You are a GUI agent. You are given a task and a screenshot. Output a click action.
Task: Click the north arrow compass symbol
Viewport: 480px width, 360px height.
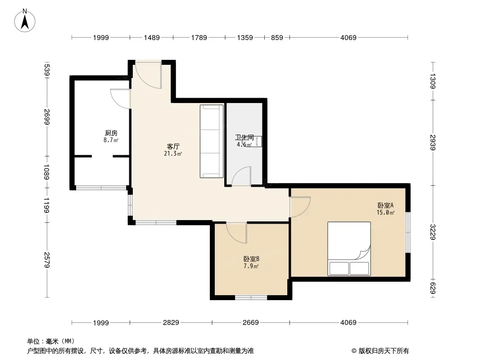(x=25, y=21)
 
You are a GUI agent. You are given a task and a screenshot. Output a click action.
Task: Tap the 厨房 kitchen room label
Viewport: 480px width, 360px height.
(x=111, y=133)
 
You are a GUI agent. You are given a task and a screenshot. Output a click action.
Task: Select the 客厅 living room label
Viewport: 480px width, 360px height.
(x=173, y=147)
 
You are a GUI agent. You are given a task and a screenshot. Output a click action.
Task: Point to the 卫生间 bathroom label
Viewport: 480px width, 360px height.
(x=245, y=138)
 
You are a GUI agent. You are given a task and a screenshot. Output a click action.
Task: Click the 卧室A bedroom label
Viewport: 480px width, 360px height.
(x=385, y=206)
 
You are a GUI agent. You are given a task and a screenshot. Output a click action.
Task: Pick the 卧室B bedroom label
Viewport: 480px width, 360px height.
(x=251, y=259)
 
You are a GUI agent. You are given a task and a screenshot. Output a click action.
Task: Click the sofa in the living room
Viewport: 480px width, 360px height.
(x=212, y=141)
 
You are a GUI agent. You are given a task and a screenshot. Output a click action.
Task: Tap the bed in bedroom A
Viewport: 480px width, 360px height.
(x=349, y=249)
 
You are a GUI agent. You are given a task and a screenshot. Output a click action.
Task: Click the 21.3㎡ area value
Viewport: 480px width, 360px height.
(x=173, y=153)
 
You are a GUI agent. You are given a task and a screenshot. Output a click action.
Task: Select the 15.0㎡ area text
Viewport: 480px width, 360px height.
(x=385, y=212)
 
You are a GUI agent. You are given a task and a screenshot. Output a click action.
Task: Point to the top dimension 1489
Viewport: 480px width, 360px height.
(x=152, y=38)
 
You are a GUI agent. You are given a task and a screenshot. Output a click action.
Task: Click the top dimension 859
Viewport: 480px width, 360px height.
(x=277, y=38)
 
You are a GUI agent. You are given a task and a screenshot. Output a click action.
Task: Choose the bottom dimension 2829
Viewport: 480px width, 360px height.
(x=171, y=322)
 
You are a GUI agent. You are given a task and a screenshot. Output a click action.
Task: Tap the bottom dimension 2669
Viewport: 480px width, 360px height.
(x=251, y=322)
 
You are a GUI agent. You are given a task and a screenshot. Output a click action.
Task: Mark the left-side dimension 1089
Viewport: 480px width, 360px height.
(x=47, y=172)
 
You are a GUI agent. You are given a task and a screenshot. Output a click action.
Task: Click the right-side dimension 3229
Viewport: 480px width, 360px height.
(x=433, y=232)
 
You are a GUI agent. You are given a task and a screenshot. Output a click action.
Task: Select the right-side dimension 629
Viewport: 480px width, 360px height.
(x=433, y=288)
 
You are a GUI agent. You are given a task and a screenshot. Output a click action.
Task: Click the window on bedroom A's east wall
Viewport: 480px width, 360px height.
(x=408, y=232)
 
